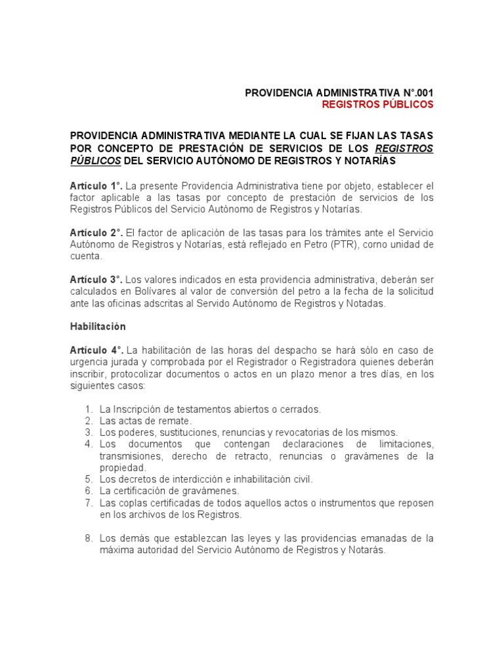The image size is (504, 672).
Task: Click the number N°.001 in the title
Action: [411, 93]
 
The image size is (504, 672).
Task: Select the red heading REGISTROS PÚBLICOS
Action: [377, 104]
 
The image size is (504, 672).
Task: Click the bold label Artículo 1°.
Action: [96, 186]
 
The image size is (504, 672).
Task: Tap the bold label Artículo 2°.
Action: [96, 233]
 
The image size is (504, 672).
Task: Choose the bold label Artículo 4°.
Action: [96, 351]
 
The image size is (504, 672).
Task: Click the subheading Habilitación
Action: [98, 326]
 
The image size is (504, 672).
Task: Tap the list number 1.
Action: [89, 409]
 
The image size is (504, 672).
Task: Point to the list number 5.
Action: [89, 478]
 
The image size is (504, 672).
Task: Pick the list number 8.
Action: [89, 539]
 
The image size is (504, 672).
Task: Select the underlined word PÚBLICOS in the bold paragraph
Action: [95, 161]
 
